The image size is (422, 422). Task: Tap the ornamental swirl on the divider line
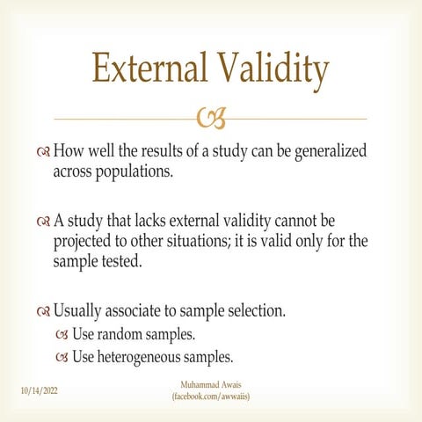pyautogui.click(x=211, y=118)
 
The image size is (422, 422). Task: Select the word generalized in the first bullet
pyautogui.click(x=331, y=152)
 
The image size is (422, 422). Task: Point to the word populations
pyautogui.click(x=135, y=172)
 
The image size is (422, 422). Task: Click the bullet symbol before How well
pyautogui.click(x=43, y=152)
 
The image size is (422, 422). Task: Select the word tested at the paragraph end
pyautogui.click(x=121, y=261)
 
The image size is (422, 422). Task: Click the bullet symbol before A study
pyautogui.click(x=43, y=222)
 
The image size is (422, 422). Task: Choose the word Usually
pyautogui.click(x=77, y=311)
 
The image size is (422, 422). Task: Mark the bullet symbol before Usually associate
pyautogui.click(x=43, y=312)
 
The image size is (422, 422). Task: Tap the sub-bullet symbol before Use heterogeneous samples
pyautogui.click(x=62, y=357)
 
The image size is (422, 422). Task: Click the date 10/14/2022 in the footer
pyautogui.click(x=40, y=390)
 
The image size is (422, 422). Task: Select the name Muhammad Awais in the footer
pyautogui.click(x=211, y=384)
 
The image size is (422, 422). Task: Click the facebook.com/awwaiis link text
pyautogui.click(x=211, y=397)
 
